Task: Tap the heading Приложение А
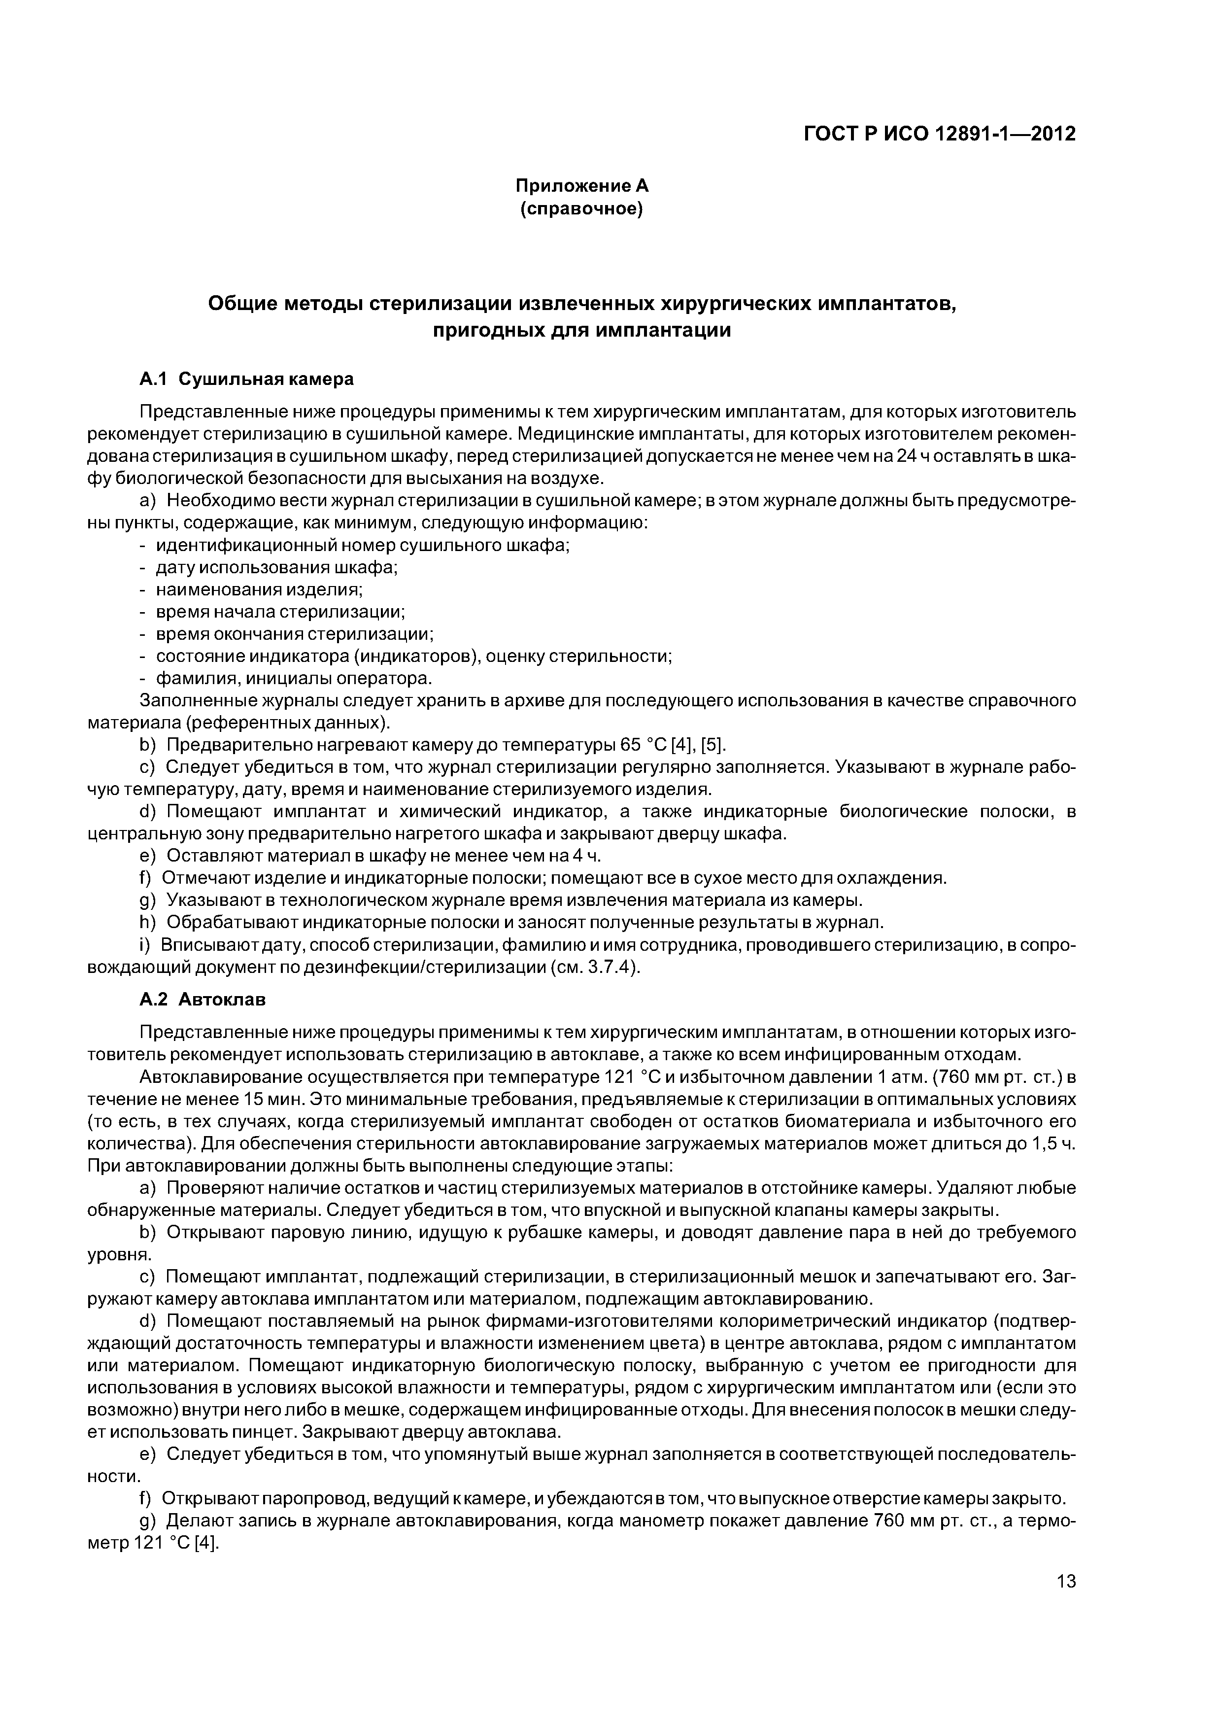[581, 185]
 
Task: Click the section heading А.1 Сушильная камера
[246, 379]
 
